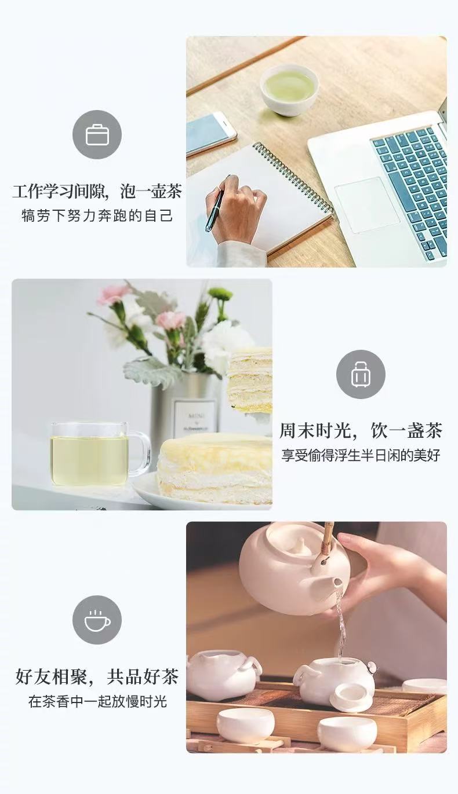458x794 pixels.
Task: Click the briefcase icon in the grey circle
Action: tap(97, 135)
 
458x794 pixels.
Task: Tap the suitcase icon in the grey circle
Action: tap(361, 375)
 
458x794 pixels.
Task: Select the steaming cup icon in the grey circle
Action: tap(97, 620)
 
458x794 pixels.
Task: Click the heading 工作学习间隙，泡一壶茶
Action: tap(97, 191)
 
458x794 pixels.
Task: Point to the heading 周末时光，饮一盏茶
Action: tap(361, 430)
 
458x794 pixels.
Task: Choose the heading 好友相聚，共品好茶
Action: tap(97, 676)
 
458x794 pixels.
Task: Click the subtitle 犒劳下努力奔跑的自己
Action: tap(97, 215)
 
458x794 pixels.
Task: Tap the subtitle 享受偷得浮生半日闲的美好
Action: tap(361, 455)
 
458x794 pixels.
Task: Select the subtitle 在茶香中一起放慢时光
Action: tap(97, 701)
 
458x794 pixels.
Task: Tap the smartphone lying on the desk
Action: tap(210, 133)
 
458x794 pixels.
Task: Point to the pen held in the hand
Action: tap(215, 206)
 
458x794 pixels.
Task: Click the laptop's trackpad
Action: tap(367, 204)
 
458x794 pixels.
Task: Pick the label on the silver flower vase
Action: tap(194, 419)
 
